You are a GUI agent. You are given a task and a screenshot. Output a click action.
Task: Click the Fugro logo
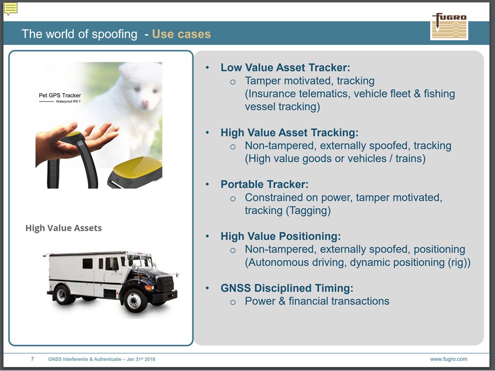(449, 26)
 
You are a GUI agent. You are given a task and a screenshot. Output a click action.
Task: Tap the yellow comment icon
(10, 9)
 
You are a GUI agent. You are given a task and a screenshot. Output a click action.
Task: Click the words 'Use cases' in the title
(181, 34)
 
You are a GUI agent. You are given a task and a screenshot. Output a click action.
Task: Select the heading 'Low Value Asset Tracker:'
(285, 68)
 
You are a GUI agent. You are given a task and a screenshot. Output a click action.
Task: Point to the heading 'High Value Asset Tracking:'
(289, 132)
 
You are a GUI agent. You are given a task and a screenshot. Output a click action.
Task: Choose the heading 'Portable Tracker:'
(265, 184)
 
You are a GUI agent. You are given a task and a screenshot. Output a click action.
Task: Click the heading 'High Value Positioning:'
(280, 237)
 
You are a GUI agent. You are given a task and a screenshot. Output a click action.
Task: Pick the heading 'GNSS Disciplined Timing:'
(287, 288)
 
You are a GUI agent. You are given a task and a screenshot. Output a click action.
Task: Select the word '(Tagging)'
(308, 210)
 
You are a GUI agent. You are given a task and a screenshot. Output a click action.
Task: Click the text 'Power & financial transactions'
(317, 301)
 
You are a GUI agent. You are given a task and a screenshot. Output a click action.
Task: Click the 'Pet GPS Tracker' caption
(60, 95)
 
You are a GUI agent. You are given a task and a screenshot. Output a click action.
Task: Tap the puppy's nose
(144, 103)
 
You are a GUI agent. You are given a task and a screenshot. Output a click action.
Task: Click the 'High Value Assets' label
(63, 228)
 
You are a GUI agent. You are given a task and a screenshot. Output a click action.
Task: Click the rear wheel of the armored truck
(61, 294)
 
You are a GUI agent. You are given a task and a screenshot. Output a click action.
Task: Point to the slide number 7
(32, 359)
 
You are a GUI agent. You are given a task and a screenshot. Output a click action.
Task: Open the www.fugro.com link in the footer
(449, 359)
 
